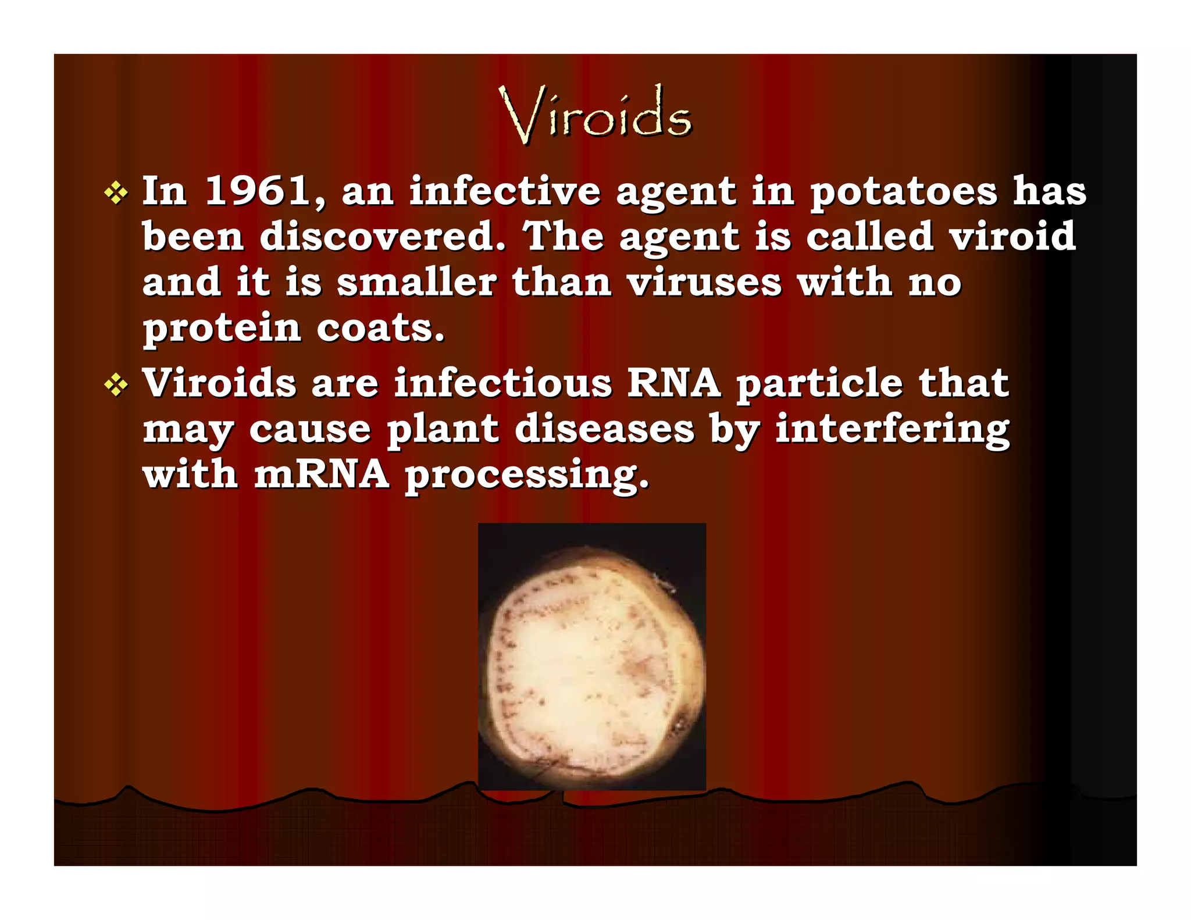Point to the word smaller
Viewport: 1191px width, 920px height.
(416, 282)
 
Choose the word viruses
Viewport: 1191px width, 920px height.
(704, 282)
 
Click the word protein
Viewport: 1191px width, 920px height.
(222, 329)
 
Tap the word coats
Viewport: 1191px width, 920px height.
(380, 328)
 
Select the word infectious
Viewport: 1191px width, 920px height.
(502, 383)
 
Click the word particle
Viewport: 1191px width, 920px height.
(819, 384)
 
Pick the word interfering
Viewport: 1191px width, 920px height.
(893, 430)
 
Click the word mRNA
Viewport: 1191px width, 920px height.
(322, 474)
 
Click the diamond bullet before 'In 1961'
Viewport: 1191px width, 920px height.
(116, 193)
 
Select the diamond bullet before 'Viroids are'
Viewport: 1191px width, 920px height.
(116, 385)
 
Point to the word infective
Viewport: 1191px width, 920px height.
(505, 190)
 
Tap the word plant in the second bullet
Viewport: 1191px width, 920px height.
(443, 430)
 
